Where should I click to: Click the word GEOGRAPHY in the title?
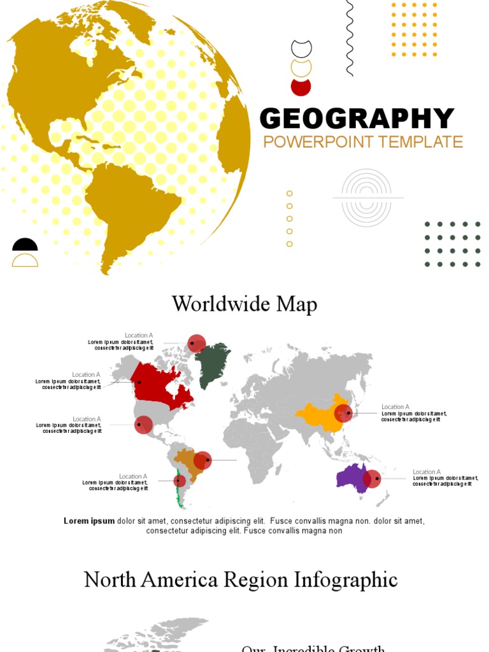[x=357, y=119]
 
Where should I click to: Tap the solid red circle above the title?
[x=301, y=87]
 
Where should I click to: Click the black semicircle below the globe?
[x=25, y=245]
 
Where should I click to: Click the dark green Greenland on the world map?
[x=211, y=363]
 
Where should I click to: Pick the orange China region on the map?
[x=318, y=417]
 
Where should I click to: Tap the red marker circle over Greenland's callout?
[x=197, y=343]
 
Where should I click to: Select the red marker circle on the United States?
[x=143, y=425]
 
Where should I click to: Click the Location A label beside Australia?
[x=427, y=472]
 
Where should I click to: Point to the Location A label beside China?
[x=395, y=406]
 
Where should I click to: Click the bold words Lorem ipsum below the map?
[x=89, y=521]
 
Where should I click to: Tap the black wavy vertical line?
[x=349, y=38]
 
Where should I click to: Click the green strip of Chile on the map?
[x=180, y=493]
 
